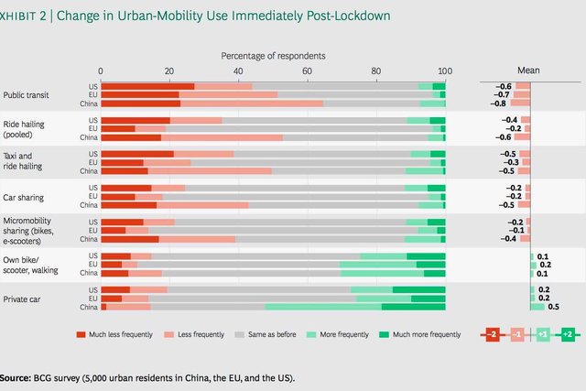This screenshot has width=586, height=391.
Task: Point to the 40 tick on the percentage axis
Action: point(238,71)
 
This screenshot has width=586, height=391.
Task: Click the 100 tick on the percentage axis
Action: point(445,71)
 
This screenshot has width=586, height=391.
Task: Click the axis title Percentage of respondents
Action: point(273,56)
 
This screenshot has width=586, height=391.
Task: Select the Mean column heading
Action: point(528,70)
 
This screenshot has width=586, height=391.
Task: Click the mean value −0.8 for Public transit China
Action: point(502,103)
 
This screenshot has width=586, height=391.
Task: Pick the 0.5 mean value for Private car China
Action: point(553,308)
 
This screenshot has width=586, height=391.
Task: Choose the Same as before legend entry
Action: point(276,334)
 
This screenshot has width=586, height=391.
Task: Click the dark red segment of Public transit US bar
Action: point(146,86)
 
